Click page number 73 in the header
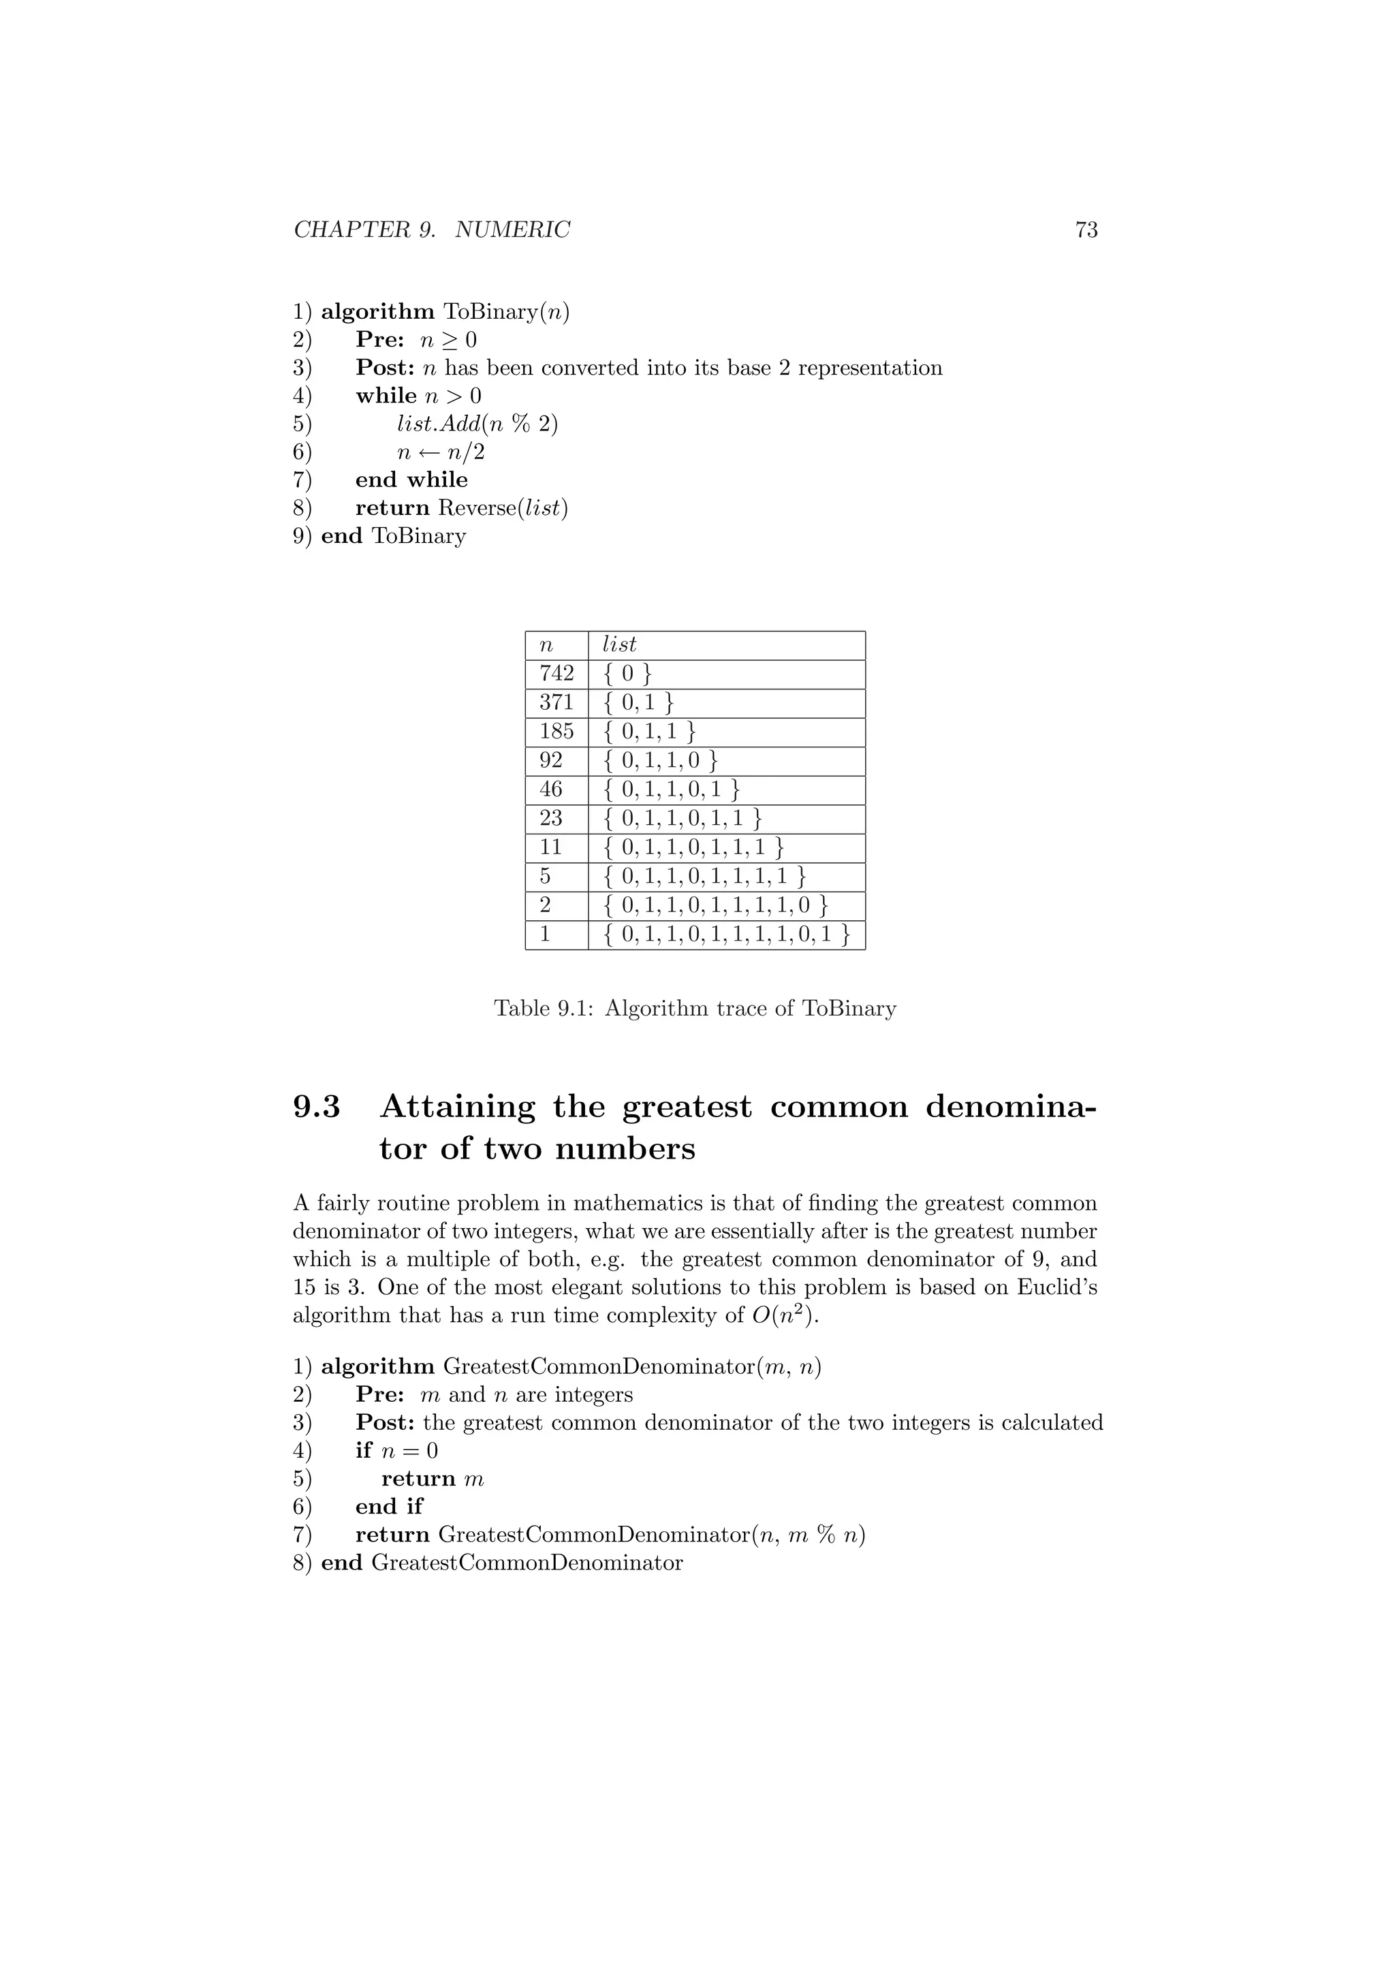click(1086, 230)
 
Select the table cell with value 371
click(556, 702)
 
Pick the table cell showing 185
click(556, 732)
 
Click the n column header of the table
click(546, 645)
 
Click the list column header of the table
click(619, 645)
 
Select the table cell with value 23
click(551, 819)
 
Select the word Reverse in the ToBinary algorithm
click(475, 508)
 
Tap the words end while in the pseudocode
click(411, 480)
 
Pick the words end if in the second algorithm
click(390, 1506)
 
